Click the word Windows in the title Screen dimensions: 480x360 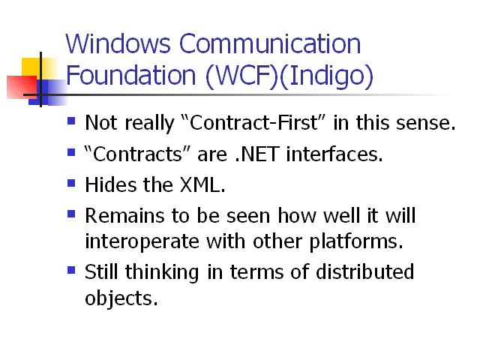coord(118,43)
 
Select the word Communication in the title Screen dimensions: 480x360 coord(270,43)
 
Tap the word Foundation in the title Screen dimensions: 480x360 coord(130,75)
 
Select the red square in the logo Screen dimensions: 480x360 coord(22,87)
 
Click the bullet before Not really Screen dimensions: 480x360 coord(71,121)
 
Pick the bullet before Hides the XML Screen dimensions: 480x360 coord(71,183)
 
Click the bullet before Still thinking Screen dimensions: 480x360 coord(71,270)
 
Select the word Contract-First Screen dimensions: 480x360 coord(253,122)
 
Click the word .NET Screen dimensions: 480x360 coord(257,154)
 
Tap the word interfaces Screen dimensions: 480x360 coord(334,154)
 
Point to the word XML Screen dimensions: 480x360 coord(202,185)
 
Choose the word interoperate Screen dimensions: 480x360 coord(142,242)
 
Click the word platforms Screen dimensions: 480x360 coord(356,242)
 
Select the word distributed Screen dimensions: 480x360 coord(365,271)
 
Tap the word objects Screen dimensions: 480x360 coord(121,298)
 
